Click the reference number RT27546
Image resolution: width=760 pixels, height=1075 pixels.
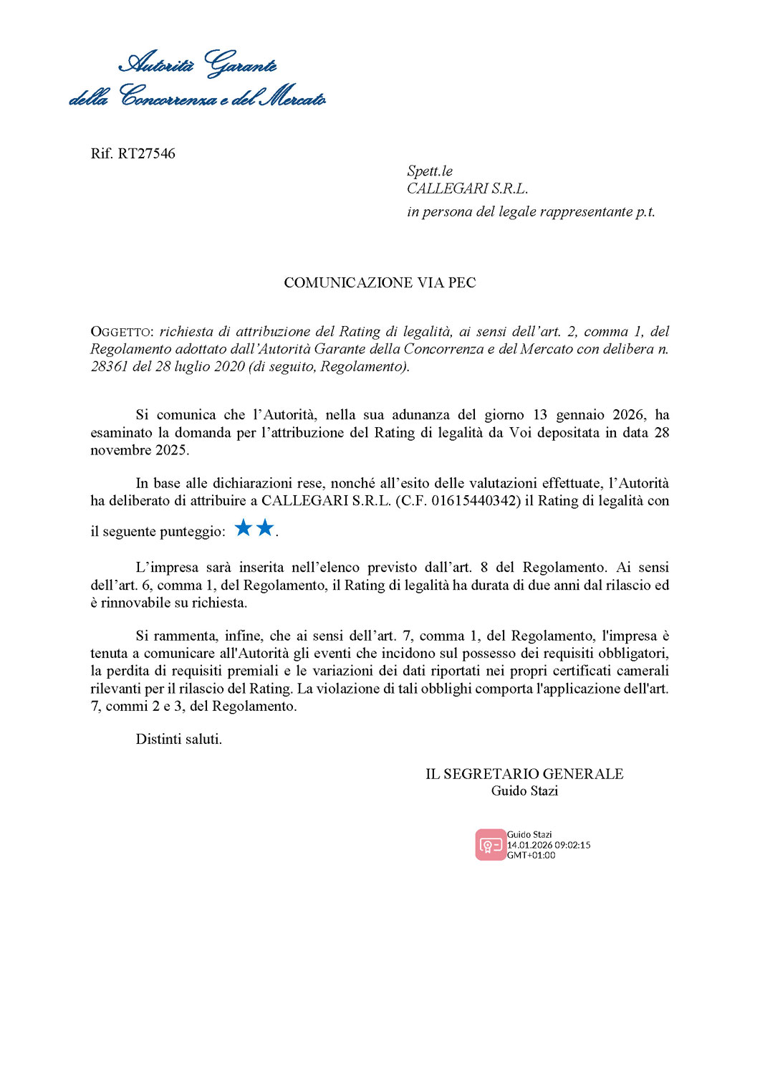pyautogui.click(x=147, y=153)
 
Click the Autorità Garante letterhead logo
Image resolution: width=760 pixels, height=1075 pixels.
pyautogui.click(x=198, y=80)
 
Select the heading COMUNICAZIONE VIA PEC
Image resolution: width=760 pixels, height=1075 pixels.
pyautogui.click(x=380, y=282)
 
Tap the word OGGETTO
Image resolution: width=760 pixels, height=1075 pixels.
pyautogui.click(x=120, y=332)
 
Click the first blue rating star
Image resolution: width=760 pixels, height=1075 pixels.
pyautogui.click(x=244, y=528)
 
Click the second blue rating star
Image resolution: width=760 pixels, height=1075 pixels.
pyautogui.click(x=265, y=528)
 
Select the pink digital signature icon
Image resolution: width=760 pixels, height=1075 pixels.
pyautogui.click(x=491, y=845)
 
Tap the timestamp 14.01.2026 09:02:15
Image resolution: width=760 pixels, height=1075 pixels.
pyautogui.click(x=549, y=845)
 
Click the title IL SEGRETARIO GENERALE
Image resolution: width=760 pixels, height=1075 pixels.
pyautogui.click(x=524, y=774)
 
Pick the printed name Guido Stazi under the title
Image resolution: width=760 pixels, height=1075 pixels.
pyautogui.click(x=524, y=791)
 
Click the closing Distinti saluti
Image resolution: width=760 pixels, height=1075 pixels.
pyautogui.click(x=178, y=739)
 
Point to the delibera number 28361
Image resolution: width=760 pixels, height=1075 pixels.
pyautogui.click(x=110, y=367)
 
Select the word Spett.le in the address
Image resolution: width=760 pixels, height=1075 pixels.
pyautogui.click(x=430, y=171)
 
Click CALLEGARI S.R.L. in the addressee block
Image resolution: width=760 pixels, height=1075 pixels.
pyautogui.click(x=467, y=188)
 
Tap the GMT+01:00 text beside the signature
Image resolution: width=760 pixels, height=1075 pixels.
pyautogui.click(x=531, y=855)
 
